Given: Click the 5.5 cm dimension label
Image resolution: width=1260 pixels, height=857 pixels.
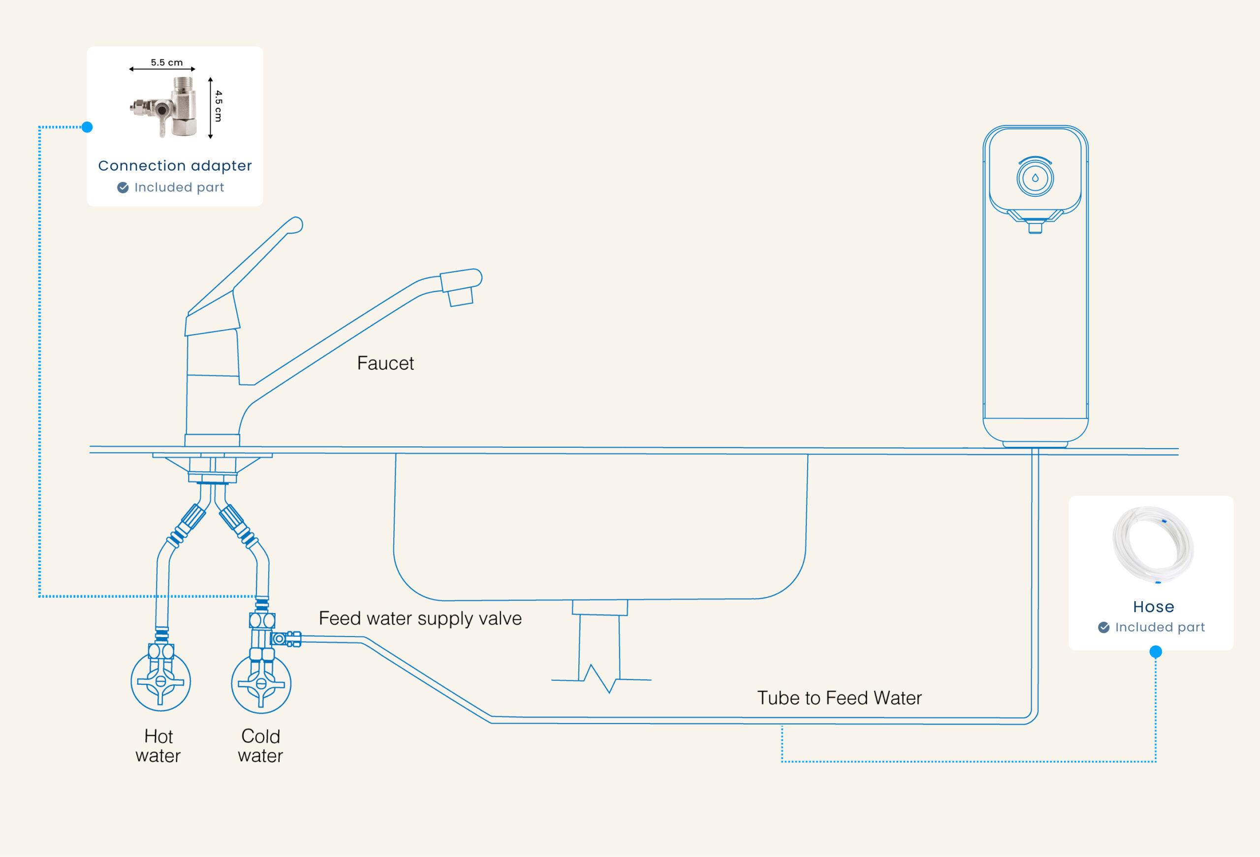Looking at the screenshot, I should [x=166, y=62].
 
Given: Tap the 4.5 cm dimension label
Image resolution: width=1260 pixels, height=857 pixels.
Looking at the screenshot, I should [x=218, y=106].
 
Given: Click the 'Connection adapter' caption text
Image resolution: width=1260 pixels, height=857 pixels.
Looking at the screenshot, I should [x=175, y=165].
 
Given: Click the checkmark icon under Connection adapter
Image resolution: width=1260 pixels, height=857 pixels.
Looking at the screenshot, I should [x=123, y=187].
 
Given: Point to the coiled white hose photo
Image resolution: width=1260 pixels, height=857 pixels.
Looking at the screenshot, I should [x=1153, y=544].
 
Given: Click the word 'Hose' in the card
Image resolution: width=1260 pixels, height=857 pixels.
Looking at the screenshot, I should [x=1153, y=607].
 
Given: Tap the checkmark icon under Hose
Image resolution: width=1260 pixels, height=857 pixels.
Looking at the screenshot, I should [x=1103, y=627].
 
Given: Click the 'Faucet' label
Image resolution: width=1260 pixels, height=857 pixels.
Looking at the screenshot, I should [x=385, y=363].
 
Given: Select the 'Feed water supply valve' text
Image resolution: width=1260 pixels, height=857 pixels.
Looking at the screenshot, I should [x=420, y=618].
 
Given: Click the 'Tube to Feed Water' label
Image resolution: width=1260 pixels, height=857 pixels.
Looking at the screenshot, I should [x=839, y=698].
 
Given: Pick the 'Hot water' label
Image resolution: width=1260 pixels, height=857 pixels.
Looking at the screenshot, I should [x=158, y=746].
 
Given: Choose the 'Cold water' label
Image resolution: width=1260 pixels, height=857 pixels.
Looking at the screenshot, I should [x=260, y=746].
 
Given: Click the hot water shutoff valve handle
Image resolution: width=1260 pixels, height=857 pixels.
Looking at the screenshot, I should [x=160, y=682].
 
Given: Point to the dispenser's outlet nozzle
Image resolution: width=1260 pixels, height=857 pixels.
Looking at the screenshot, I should [x=1035, y=227].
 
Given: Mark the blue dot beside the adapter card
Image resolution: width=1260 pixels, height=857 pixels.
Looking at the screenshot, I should [x=87, y=127].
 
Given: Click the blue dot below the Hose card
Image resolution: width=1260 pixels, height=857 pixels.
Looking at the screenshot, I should [x=1155, y=651].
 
